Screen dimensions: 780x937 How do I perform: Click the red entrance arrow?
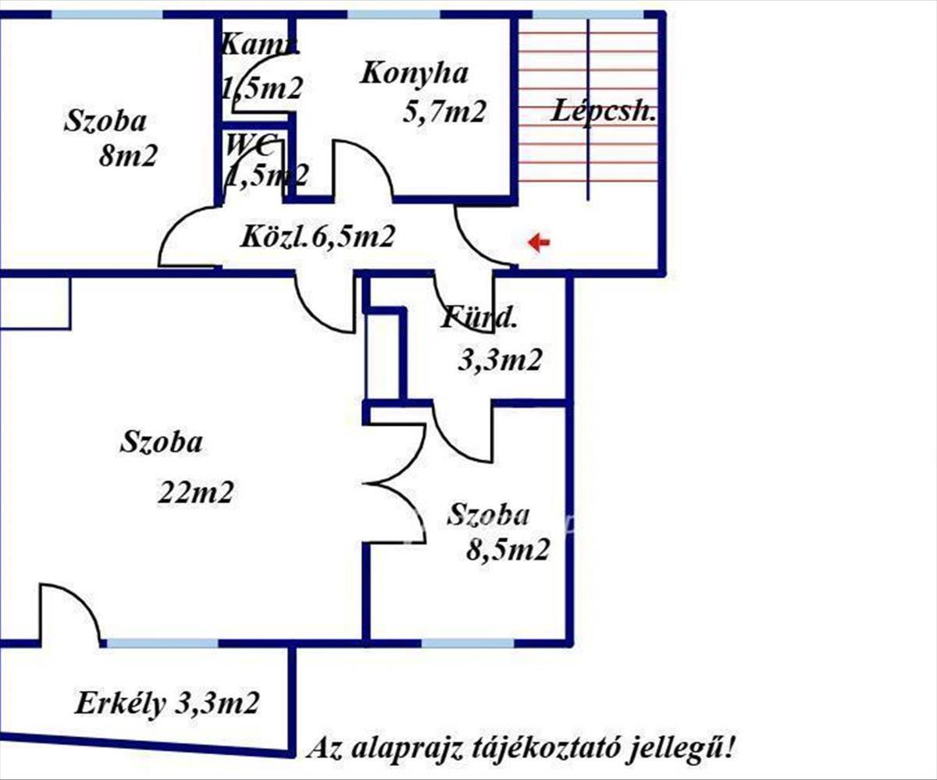click(x=539, y=243)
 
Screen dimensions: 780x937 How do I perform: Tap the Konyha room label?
click(x=414, y=74)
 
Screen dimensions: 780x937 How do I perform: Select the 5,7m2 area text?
click(x=444, y=112)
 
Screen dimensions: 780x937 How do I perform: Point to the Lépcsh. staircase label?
click(x=604, y=112)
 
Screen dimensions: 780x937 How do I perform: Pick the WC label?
click(x=251, y=144)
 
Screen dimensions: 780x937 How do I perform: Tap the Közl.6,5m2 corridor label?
click(x=316, y=236)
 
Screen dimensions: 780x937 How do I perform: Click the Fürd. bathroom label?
click(x=479, y=317)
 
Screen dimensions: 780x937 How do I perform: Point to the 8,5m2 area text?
click(x=508, y=551)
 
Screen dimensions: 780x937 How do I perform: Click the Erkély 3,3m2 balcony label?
click(x=167, y=704)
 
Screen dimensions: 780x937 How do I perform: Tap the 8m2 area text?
click(x=128, y=156)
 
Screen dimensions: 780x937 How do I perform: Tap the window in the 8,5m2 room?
click(x=468, y=643)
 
